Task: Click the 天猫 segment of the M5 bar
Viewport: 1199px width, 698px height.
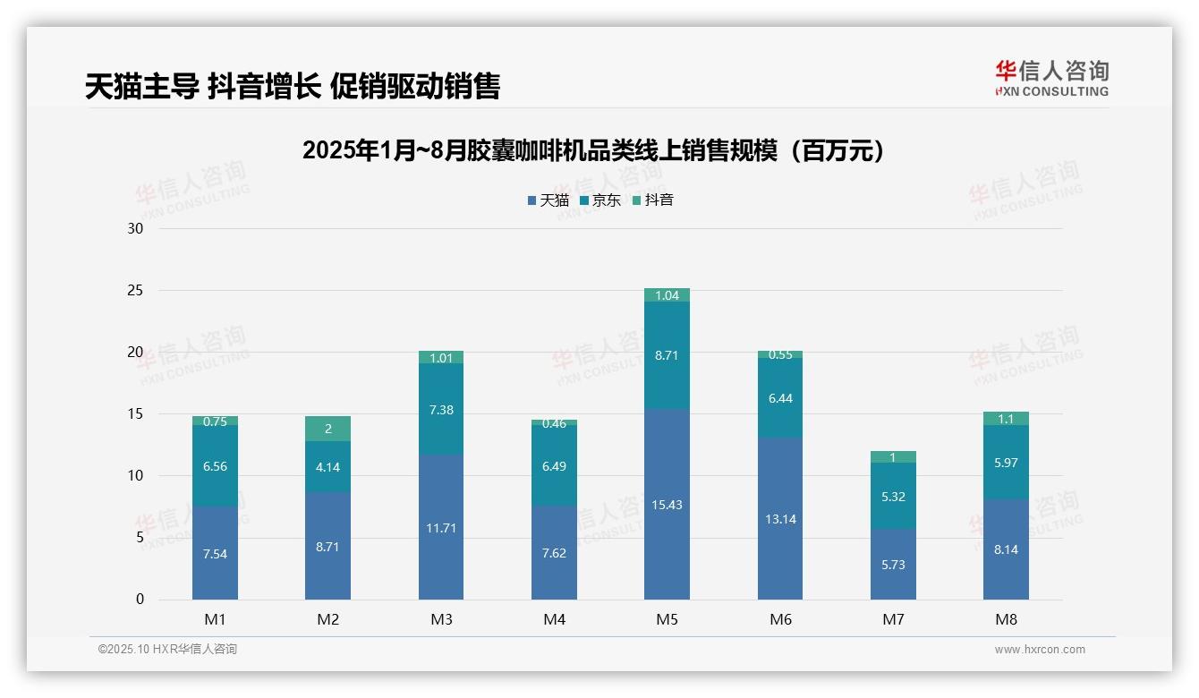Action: [667, 504]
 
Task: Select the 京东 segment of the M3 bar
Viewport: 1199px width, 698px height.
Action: [441, 409]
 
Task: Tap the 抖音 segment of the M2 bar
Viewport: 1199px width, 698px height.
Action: [327, 429]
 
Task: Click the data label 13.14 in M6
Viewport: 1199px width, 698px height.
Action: [780, 519]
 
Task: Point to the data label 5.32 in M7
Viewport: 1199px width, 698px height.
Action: [893, 496]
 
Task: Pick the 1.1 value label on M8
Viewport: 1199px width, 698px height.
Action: [1006, 418]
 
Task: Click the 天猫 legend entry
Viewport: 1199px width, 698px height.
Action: [548, 200]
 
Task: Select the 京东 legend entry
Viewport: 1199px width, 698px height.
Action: [600, 200]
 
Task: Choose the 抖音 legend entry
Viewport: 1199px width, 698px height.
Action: [652, 200]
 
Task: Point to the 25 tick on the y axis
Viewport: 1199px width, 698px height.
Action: [135, 290]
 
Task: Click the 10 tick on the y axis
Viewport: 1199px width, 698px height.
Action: [135, 475]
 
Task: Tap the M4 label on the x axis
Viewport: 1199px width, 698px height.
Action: [554, 619]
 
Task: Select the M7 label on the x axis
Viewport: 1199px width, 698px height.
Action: [893, 619]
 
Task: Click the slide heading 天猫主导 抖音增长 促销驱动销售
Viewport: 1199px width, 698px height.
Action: [293, 86]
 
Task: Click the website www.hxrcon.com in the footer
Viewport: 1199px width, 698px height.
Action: [1040, 650]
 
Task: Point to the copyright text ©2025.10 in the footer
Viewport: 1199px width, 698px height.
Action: [167, 650]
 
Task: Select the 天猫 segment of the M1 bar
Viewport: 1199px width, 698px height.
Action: [215, 553]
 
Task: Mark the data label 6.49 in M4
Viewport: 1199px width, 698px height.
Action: [554, 466]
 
